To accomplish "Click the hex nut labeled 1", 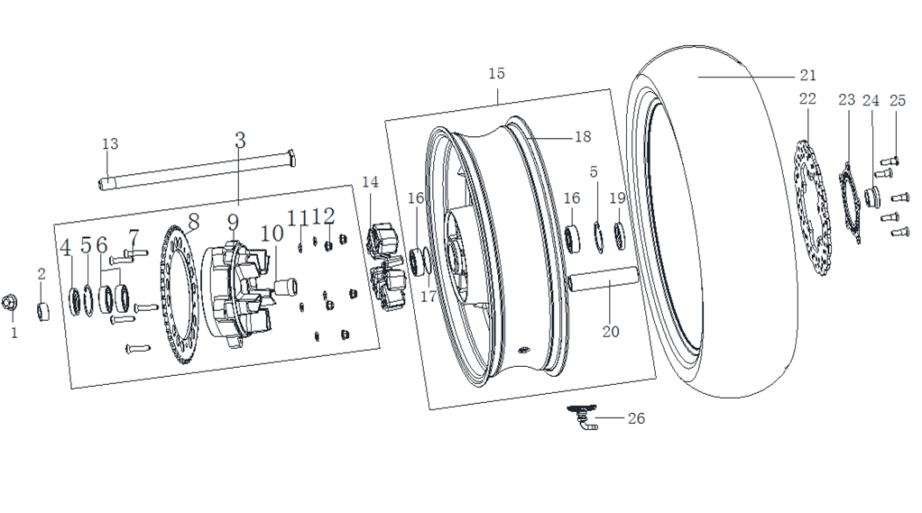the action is click(9, 303).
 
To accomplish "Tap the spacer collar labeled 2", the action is click(43, 311).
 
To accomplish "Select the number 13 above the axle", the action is click(110, 144).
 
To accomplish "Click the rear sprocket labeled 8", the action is click(177, 294).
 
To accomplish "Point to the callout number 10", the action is click(272, 234).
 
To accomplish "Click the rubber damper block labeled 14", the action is click(384, 268).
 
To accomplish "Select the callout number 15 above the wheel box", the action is click(496, 73).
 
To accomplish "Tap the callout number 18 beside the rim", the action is click(583, 137).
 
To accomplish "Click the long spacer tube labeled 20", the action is click(603, 279).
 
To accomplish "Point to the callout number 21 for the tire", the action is click(808, 75).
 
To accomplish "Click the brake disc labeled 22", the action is click(813, 207).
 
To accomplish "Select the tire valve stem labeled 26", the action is click(583, 417).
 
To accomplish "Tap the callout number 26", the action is click(636, 418).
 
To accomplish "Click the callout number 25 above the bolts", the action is click(898, 100).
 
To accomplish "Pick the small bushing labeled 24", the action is click(871, 197).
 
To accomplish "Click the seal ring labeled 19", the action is click(620, 235).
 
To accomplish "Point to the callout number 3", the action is click(240, 141).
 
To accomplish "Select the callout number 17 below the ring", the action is click(428, 297).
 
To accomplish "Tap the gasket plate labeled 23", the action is click(850, 203).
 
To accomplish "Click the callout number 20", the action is click(611, 332).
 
